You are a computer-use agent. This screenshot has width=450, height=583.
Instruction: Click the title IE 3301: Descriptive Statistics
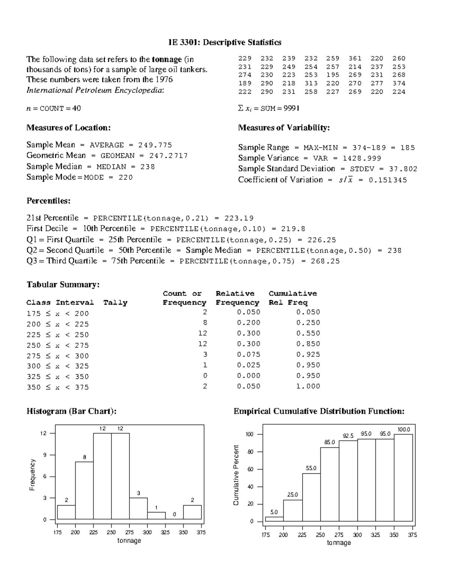point(225,42)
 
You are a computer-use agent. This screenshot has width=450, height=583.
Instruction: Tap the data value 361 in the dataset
point(355,58)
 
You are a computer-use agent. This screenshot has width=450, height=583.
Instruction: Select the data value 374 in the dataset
point(399,83)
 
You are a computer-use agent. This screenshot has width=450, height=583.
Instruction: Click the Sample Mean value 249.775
point(155,145)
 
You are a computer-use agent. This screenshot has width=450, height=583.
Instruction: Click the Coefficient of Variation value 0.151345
point(388,180)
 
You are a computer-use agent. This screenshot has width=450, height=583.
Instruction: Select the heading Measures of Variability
point(284,128)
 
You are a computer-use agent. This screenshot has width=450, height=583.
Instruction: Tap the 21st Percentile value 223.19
point(239,218)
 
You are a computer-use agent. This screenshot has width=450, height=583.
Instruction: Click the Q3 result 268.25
point(325,261)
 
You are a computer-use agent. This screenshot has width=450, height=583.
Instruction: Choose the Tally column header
point(115,303)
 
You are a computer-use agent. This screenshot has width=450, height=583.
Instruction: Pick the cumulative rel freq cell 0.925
point(308,354)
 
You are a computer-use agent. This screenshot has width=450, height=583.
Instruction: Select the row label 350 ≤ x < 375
point(58,387)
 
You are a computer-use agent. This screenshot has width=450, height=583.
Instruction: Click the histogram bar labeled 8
point(84,490)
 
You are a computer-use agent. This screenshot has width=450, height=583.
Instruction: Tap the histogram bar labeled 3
point(138,508)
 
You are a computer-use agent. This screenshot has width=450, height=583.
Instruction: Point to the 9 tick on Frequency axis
point(44,455)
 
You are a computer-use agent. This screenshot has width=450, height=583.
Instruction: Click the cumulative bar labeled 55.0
point(311,497)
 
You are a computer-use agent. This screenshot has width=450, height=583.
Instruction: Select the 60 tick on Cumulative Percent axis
point(250,469)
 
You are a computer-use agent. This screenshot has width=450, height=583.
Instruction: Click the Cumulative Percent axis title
point(236,475)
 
